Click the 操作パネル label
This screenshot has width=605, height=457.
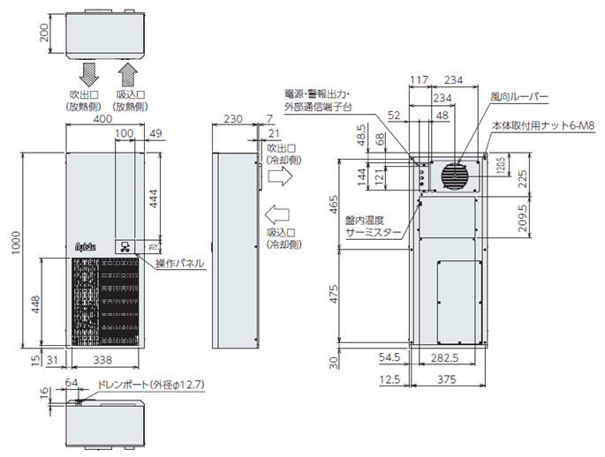[180, 264]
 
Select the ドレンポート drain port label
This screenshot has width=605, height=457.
[141, 385]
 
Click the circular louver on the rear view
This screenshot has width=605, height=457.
[455, 176]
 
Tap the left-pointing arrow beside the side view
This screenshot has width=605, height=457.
[276, 214]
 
